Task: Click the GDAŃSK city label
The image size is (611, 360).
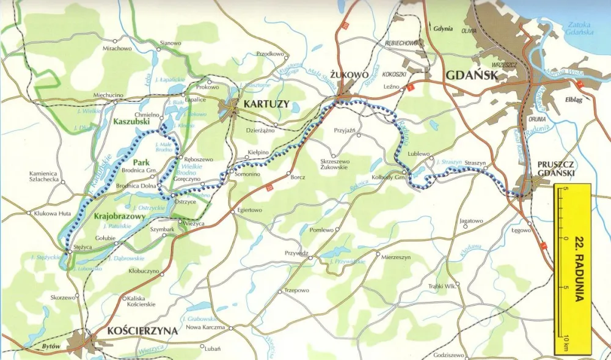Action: pos(472,75)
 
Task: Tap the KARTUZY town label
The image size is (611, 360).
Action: pos(266,104)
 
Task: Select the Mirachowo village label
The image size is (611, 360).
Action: pos(117,48)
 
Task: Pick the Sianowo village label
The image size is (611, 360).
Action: pos(170,43)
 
